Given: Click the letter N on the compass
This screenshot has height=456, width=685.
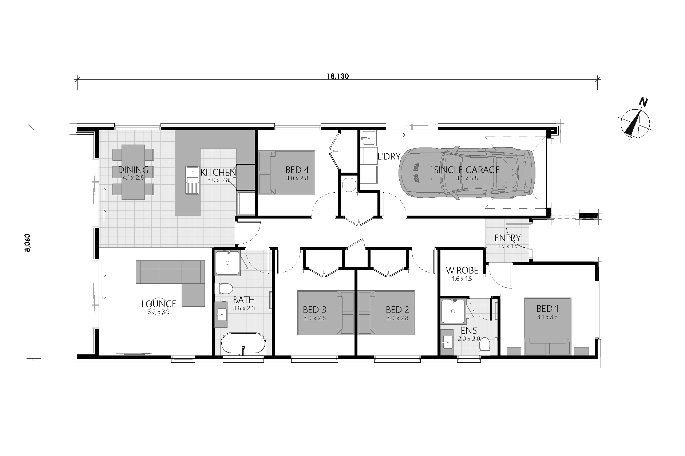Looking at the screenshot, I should click(644, 103).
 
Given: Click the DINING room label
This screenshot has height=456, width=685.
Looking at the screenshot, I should click(133, 170).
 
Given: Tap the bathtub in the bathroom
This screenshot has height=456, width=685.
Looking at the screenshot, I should click(243, 344).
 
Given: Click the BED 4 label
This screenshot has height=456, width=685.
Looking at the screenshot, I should click(297, 170).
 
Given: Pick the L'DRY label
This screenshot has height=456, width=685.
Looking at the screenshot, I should click(389, 157).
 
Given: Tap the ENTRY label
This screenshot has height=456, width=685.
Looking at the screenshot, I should click(507, 238).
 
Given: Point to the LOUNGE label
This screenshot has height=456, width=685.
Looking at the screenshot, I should click(159, 304).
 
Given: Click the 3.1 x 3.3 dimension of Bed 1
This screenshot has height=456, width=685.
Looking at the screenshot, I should click(547, 317).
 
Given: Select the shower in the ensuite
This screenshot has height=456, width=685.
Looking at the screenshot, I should click(453, 311).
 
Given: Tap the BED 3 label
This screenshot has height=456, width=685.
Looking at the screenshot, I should click(314, 310).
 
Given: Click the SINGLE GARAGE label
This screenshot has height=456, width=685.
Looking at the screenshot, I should click(467, 170).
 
